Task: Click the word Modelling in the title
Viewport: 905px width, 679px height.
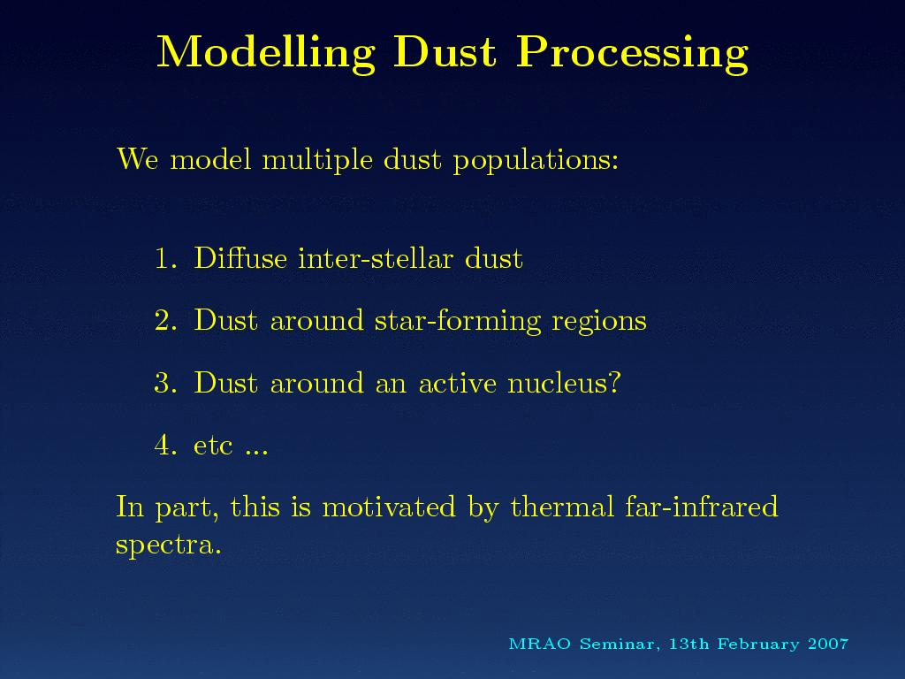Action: (266, 54)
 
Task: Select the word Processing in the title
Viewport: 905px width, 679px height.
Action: (632, 54)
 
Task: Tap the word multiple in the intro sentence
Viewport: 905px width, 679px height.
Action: (317, 159)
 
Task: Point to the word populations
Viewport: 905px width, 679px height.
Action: (536, 159)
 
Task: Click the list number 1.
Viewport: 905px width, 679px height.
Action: (165, 258)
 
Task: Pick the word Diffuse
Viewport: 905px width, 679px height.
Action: (240, 257)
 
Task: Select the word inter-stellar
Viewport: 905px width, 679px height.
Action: (376, 257)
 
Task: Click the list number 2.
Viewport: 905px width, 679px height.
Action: (165, 320)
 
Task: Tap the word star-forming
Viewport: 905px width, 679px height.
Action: (457, 321)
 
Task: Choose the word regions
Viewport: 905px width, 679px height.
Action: (599, 322)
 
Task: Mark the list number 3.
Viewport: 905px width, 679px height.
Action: (165, 383)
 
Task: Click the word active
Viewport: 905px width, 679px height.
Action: (457, 383)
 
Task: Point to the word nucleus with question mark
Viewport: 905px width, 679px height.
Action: (564, 383)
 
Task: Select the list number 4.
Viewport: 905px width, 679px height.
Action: (165, 446)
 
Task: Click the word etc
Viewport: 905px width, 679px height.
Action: (213, 446)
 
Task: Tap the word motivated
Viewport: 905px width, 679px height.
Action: (389, 507)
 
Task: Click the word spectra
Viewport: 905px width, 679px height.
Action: (168, 545)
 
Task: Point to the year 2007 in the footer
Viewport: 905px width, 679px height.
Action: (828, 644)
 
